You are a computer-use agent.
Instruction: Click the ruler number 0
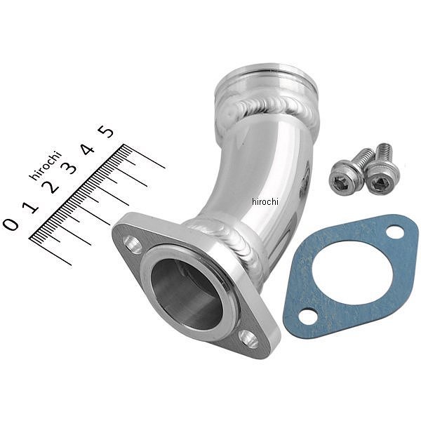[11, 224]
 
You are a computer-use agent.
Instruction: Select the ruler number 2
[51, 187]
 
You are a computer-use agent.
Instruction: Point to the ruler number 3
[69, 168]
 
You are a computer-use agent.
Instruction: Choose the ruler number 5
[106, 132]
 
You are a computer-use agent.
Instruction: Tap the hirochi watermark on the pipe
[265, 201]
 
